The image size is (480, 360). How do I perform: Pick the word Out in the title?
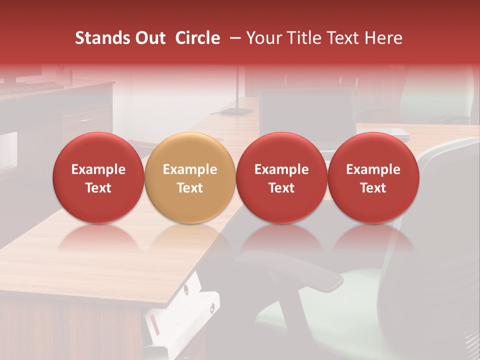[149, 38]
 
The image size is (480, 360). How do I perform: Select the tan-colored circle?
[190, 177]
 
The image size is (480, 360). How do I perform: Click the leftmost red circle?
[98, 177]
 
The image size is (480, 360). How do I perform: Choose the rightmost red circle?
[373, 177]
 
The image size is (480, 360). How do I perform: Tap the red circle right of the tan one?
[281, 177]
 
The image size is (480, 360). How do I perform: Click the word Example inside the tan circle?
[190, 169]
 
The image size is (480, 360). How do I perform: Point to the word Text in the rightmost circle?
[373, 188]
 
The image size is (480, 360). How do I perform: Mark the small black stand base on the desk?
[236, 111]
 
